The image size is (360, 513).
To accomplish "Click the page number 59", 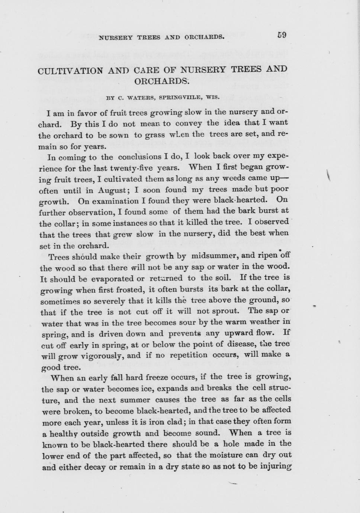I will click(282, 35).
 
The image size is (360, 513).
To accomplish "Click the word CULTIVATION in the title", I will click(70, 71).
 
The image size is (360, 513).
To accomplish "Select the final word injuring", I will click(276, 466).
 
